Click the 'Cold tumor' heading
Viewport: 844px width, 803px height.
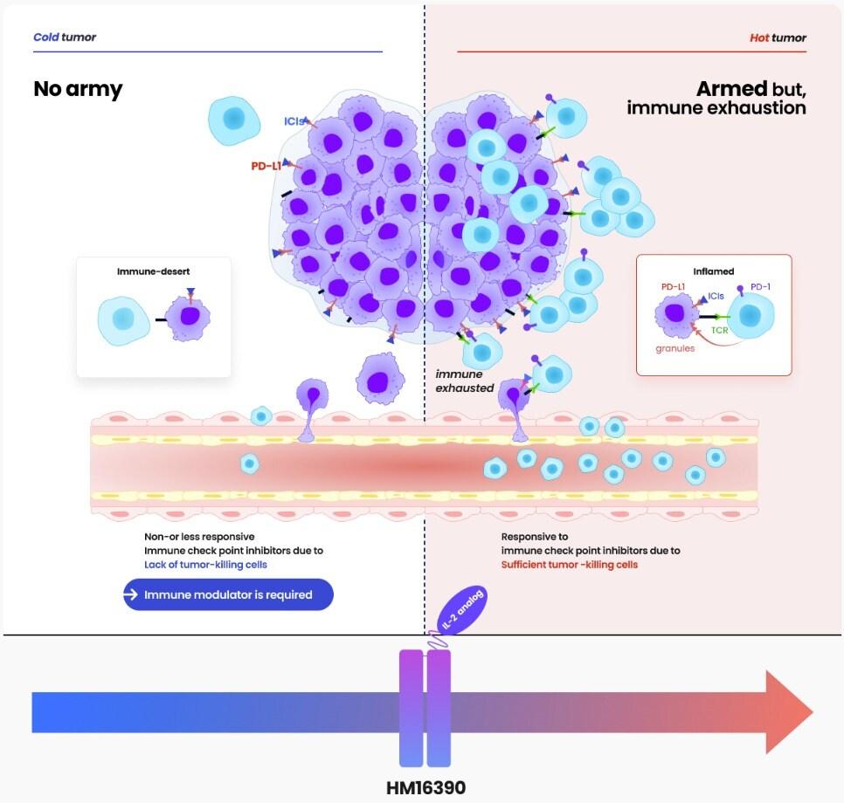(x=65, y=38)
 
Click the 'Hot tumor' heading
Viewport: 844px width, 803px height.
(x=778, y=38)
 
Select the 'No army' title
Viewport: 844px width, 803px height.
(x=78, y=89)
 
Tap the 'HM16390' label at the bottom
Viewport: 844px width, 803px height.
(x=425, y=787)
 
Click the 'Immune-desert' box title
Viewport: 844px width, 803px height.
(x=154, y=271)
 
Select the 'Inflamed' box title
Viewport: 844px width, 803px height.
(x=714, y=271)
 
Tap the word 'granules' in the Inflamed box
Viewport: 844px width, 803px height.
(x=675, y=347)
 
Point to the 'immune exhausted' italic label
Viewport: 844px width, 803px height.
(x=465, y=381)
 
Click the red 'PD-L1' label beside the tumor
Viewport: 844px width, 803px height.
(x=265, y=165)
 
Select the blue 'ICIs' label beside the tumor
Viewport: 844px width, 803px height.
(x=294, y=121)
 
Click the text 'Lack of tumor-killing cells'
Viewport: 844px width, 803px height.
(x=205, y=565)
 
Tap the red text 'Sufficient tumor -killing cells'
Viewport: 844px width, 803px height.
(x=569, y=565)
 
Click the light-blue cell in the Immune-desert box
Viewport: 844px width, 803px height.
(x=123, y=319)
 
